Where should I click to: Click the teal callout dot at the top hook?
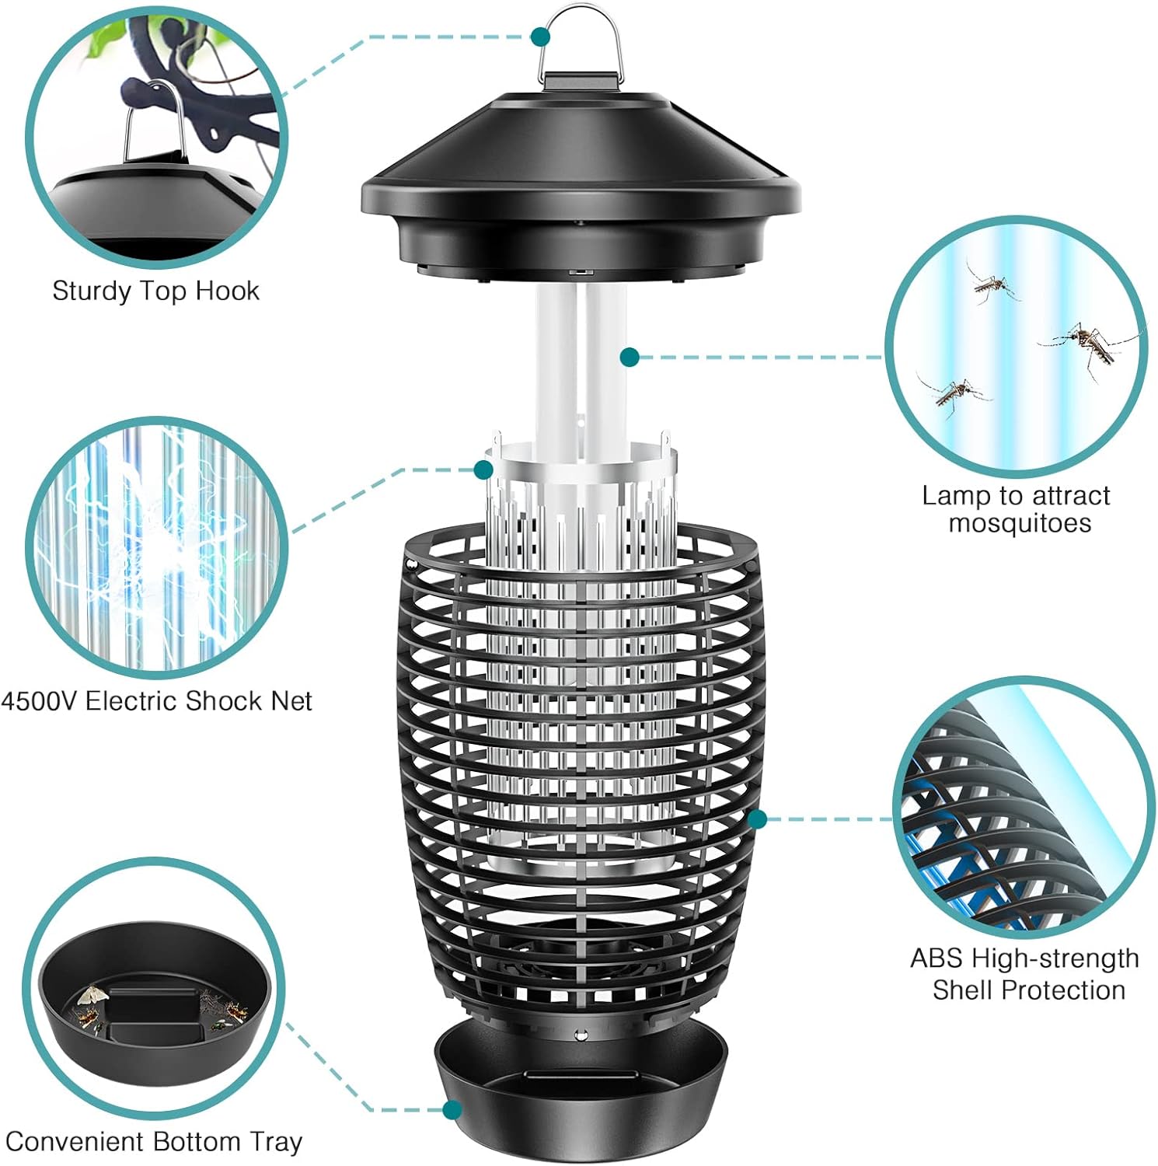point(541,36)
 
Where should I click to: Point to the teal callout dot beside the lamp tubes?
point(630,357)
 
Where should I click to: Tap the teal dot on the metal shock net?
point(483,469)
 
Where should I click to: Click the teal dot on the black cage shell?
point(758,819)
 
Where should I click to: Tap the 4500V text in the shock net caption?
point(39,701)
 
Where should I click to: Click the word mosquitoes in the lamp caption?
point(1020,523)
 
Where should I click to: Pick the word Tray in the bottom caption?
point(276,1142)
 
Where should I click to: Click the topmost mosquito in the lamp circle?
point(990,284)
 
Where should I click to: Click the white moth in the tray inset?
point(92,996)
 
